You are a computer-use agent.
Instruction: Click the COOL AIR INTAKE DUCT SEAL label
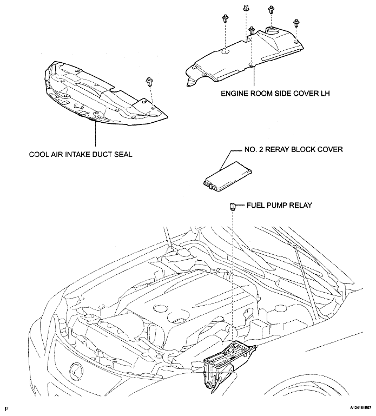(x=81, y=154)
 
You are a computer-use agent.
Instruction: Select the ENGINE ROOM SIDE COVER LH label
(x=275, y=93)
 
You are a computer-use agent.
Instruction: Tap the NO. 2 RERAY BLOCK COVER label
(x=293, y=149)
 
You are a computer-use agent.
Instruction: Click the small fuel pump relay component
(x=231, y=206)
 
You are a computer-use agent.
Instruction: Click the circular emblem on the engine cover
(x=160, y=308)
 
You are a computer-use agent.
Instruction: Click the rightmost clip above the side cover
(x=296, y=24)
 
